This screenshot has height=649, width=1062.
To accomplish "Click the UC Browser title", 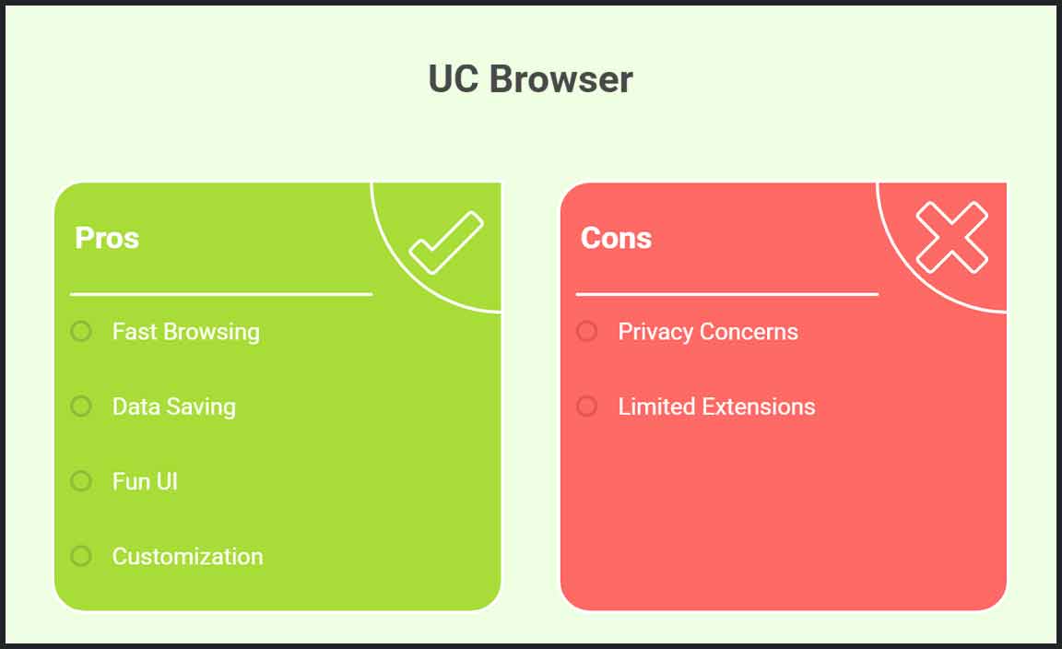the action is [530, 79].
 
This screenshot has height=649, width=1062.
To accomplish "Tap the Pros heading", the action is [107, 238].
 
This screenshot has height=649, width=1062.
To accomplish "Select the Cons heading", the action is [617, 238].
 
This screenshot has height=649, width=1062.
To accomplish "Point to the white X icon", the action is [951, 237].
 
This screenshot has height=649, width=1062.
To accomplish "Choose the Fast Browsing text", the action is [185, 332].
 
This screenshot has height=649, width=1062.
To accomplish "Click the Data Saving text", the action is [174, 407].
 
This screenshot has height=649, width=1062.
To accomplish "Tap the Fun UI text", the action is [145, 481].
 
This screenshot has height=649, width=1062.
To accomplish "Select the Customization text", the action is [188, 556].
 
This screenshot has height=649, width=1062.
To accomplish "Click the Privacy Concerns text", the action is [708, 332].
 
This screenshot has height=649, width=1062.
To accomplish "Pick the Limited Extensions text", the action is [716, 407].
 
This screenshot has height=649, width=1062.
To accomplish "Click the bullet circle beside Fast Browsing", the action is [81, 331].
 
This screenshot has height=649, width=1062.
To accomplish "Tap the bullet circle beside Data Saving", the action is [81, 407].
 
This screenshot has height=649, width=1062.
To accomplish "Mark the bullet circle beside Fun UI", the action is [81, 481].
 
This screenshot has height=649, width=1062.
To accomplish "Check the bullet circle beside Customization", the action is [81, 556].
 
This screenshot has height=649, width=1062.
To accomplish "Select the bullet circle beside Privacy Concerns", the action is [587, 331].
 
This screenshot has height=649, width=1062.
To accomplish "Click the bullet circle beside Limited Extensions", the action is [587, 407].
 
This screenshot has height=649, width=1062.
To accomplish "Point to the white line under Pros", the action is [221, 294].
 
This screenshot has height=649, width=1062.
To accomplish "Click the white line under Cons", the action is [726, 294].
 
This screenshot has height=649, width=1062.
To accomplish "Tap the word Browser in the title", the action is [560, 79].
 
